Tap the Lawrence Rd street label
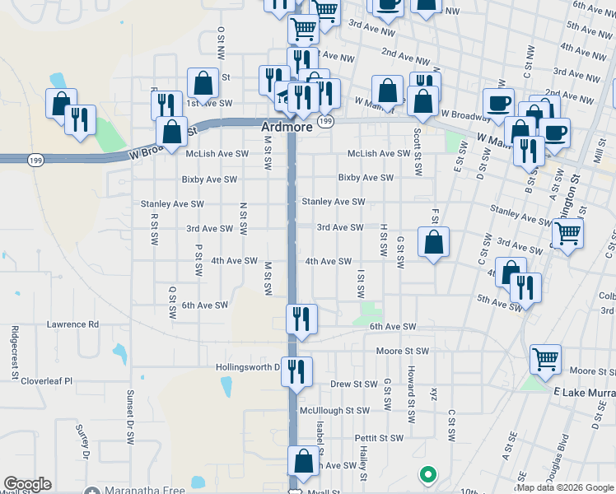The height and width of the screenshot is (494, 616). coord(72,324)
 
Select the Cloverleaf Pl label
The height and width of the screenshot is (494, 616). coord(47,381)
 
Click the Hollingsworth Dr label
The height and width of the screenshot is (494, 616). coord(248,367)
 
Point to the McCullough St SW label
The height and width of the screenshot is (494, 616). coord(335,410)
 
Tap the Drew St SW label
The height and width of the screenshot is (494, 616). coord(354,384)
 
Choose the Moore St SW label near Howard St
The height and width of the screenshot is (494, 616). coord(403,351)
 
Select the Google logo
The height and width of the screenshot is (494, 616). coord(27,484)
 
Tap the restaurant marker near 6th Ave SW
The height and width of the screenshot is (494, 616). coord(301,317)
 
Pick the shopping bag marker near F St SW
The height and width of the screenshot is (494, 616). coord(433,242)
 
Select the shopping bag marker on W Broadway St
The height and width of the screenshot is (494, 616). coord(171,132)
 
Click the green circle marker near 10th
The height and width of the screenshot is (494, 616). coord(427,474)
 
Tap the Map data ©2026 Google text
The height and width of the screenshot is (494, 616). coord(565,487)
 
